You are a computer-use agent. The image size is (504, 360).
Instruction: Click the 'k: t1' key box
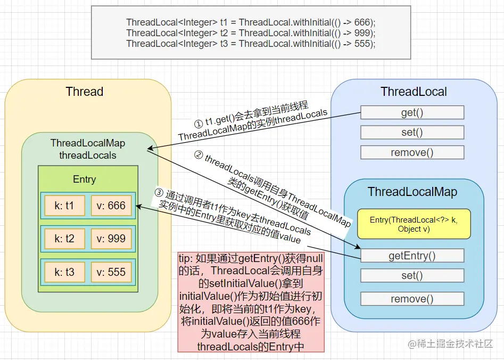pyautogui.click(x=64, y=206)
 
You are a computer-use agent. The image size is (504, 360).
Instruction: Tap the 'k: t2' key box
pyautogui.click(x=64, y=239)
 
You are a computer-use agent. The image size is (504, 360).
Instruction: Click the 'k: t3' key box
pyautogui.click(x=64, y=272)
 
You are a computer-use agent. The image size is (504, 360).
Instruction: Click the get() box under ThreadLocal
pyautogui.click(x=412, y=112)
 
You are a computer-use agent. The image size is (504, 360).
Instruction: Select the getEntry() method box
pyautogui.click(x=412, y=256)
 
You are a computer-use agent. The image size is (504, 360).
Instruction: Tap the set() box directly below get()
pyautogui.click(x=412, y=132)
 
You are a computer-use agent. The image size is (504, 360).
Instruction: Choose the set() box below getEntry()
pyautogui.click(x=412, y=275)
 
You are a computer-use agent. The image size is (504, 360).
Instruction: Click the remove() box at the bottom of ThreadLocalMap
pyautogui.click(x=412, y=299)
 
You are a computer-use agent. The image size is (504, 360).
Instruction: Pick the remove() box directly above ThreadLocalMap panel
pyautogui.click(x=412, y=152)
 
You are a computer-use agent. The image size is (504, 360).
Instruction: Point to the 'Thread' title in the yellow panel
pyautogui.click(x=85, y=92)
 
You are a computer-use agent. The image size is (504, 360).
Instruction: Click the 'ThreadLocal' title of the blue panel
pyautogui.click(x=414, y=92)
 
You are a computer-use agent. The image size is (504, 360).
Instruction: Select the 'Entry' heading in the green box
pyautogui.click(x=84, y=179)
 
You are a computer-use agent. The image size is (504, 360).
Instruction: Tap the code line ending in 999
pyautogui.click(x=251, y=33)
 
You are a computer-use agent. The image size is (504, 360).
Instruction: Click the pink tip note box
pyautogui.click(x=251, y=302)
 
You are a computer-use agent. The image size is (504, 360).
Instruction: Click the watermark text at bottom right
pyautogui.click(x=450, y=344)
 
